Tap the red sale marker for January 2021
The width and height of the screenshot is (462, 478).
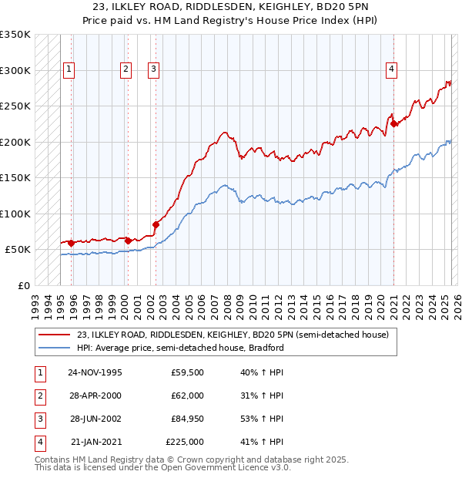[393, 123]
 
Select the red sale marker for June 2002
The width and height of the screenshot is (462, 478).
[156, 224]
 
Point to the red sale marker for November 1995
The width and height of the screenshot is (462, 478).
[72, 243]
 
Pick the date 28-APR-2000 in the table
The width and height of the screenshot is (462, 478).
[95, 396]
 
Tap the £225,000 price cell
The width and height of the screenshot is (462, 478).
[185, 442]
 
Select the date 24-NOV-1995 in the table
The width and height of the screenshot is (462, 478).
[95, 372]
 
